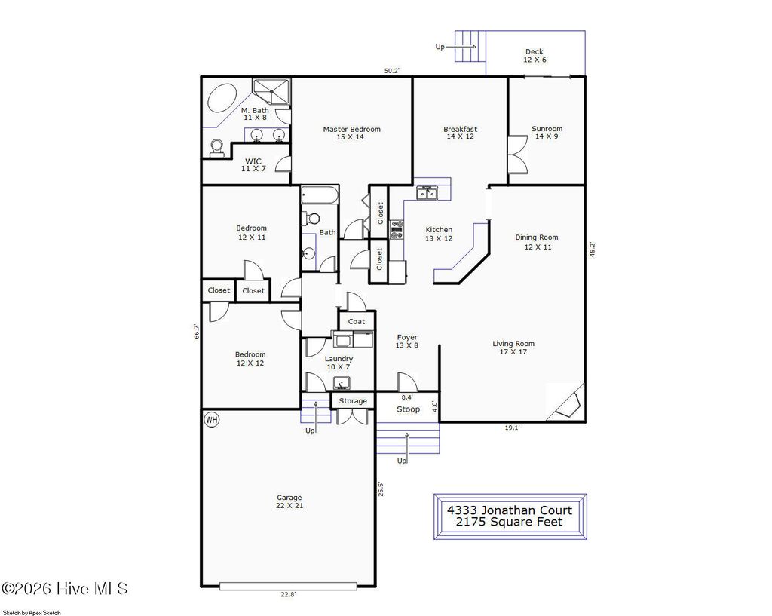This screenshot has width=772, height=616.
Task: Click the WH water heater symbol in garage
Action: coord(211,420)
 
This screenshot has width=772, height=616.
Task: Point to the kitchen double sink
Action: coord(427,194)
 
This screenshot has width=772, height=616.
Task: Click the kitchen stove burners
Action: coord(397,229)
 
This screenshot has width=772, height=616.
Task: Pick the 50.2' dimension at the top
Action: coord(391,71)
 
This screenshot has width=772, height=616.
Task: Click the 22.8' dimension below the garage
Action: coord(288,594)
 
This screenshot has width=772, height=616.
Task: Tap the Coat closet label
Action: coord(357,321)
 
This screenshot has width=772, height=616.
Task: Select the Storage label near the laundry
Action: coord(352,401)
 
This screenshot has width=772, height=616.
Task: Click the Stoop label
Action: coord(408,409)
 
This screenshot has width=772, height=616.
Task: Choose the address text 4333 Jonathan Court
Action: coord(510,510)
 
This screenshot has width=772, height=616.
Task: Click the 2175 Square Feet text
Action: coord(510,522)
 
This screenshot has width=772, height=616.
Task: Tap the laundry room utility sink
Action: coord(341,383)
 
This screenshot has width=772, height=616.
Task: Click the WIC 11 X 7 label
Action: coord(253,165)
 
